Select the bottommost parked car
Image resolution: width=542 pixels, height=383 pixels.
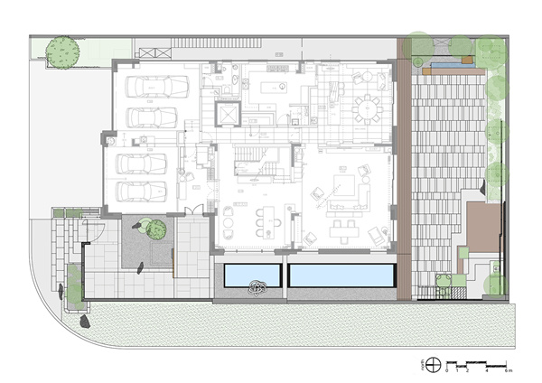[145, 191]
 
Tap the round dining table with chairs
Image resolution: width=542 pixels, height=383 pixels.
[367, 109]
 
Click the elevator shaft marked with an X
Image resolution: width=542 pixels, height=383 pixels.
[228, 114]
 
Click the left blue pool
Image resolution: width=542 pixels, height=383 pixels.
[250, 273]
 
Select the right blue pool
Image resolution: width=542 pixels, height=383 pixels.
[341, 273]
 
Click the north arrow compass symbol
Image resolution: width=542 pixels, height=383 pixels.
[434, 364]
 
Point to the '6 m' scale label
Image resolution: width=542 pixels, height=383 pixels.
[508, 370]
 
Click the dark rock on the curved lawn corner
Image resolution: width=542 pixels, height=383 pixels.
[83, 321]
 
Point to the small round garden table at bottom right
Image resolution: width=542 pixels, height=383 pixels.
[443, 279]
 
